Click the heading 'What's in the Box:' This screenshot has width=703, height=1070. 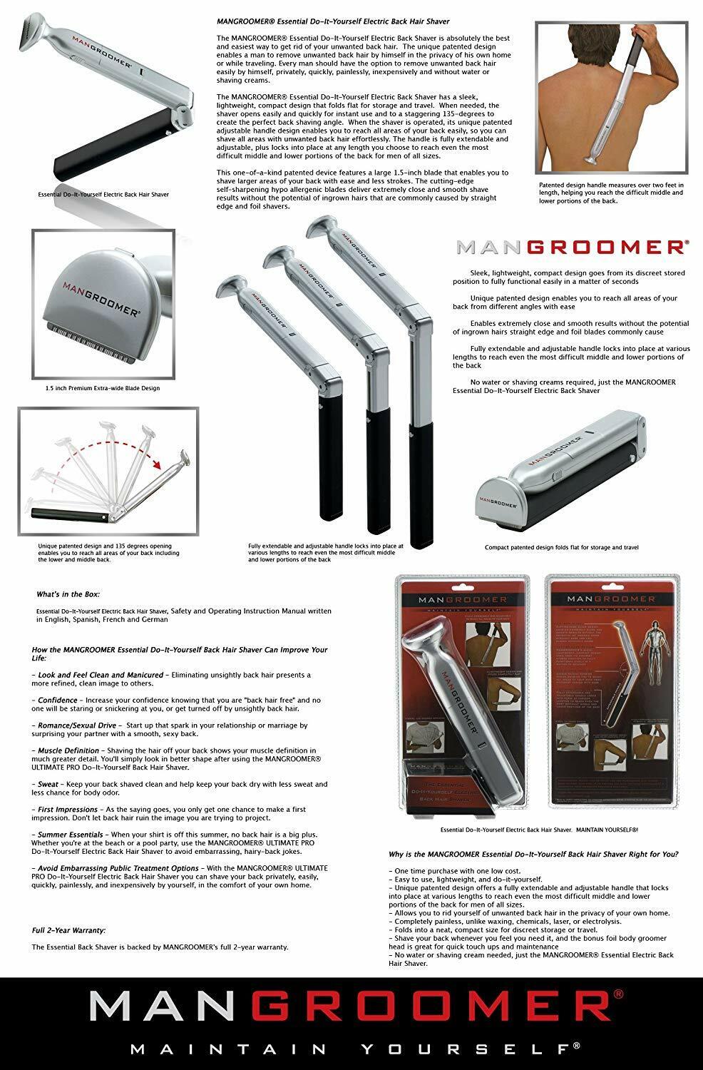(x=68, y=593)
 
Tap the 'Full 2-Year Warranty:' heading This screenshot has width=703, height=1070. (x=68, y=930)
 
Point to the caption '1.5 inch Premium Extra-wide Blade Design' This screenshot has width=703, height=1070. (x=98, y=388)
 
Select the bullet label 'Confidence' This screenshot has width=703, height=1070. (x=58, y=700)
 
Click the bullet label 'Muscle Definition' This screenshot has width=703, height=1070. (x=69, y=750)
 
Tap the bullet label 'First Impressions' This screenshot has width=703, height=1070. (x=68, y=810)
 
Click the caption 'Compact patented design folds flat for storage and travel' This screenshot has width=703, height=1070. (x=561, y=547)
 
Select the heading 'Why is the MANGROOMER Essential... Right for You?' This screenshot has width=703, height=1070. (x=533, y=854)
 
